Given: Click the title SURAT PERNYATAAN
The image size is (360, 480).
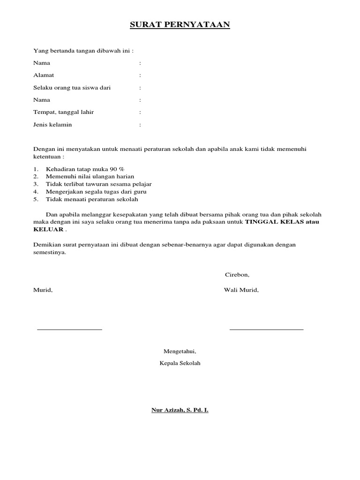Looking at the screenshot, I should pos(180,25).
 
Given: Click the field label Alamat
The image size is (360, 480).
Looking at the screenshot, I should pos(44,75).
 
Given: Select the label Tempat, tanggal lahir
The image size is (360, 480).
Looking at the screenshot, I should pos(64,112).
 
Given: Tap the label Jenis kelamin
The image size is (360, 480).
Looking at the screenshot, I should pos(52,125).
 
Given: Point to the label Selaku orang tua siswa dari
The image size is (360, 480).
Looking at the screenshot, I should pos(72,88).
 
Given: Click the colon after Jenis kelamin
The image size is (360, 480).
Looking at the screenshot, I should pos(140,125).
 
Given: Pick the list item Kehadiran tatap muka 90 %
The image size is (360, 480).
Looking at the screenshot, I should pos(85,169).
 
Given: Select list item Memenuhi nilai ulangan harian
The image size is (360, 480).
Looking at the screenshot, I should pos(90,176).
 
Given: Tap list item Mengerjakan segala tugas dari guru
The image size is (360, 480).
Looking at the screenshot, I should pos(96,192).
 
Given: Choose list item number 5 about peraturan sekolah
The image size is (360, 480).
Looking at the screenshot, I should pos(92,199).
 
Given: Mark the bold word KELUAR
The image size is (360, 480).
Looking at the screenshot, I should pos(48,230).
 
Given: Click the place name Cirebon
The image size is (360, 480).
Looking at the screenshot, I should pos(237,275).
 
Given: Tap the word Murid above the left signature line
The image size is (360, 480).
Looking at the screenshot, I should pos(43,290).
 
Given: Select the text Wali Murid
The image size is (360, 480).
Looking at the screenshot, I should pos(241,290).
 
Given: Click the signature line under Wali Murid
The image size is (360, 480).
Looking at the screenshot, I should pos(266,330).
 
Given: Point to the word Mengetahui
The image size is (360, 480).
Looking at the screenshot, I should pos(180,351).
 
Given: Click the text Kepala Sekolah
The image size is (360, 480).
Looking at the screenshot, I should pos(180,363).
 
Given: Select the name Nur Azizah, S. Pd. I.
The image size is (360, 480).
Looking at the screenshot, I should pos(180,410).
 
